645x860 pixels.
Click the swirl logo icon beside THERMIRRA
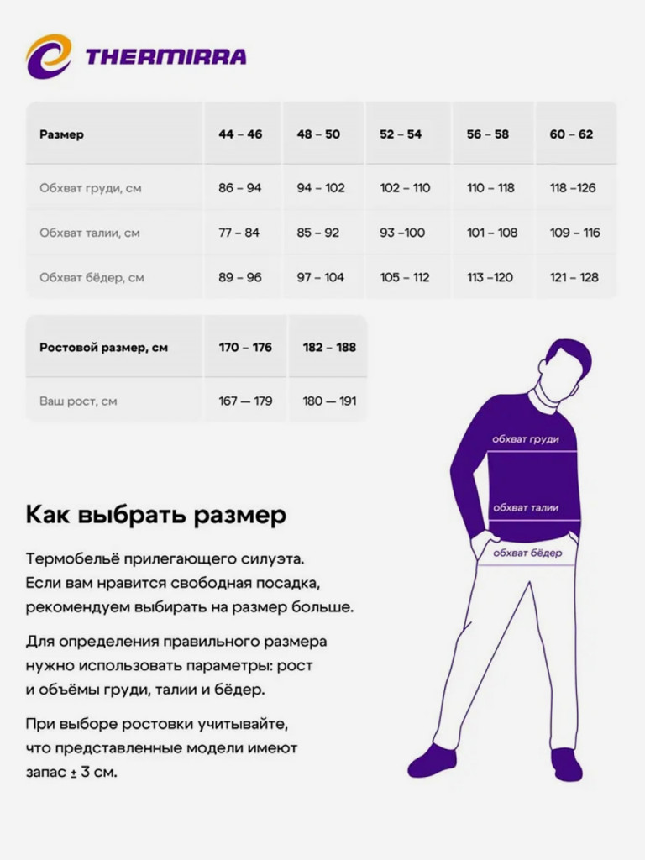pyautogui.click(x=49, y=56)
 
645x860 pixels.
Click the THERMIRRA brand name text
pyautogui.click(x=165, y=57)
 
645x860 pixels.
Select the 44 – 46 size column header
pyautogui.click(x=240, y=134)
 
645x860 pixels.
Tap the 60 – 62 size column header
pyautogui.click(x=571, y=134)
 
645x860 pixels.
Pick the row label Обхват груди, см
pyautogui.click(x=91, y=188)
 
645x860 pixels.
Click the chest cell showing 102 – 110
pyautogui.click(x=405, y=188)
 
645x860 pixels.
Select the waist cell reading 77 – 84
pyautogui.click(x=239, y=233)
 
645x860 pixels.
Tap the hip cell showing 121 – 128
pyautogui.click(x=574, y=277)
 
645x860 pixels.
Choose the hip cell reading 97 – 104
pyautogui.click(x=320, y=277)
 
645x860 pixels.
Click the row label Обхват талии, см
pyautogui.click(x=90, y=233)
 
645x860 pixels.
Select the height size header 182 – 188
pyautogui.click(x=329, y=348)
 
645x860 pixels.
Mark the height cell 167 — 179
pyautogui.click(x=245, y=401)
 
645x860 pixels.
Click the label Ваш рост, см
pyautogui.click(x=78, y=401)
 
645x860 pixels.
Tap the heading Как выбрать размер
pyautogui.click(x=156, y=514)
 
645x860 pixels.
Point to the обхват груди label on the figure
pyautogui.click(x=525, y=439)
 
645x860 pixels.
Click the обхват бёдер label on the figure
pyautogui.click(x=527, y=553)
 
